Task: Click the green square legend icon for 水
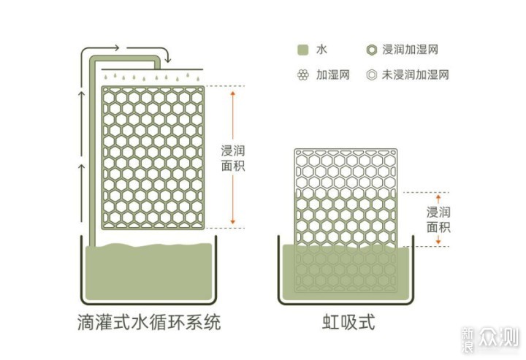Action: (302, 50)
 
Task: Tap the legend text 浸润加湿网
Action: (411, 50)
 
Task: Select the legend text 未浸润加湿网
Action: (415, 74)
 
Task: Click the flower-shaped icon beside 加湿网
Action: (303, 74)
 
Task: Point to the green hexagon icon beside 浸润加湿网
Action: (371, 50)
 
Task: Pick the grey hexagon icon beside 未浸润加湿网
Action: (371, 74)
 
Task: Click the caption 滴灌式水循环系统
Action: (149, 322)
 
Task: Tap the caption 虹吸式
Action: (348, 322)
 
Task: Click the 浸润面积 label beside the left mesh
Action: (233, 158)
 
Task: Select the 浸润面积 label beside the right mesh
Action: (438, 220)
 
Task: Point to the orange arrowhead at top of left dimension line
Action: (233, 93)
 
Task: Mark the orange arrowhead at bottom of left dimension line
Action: (233, 221)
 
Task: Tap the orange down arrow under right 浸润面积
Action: (438, 240)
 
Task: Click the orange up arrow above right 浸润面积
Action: (438, 199)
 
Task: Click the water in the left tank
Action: (149, 272)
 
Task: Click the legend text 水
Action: (321, 50)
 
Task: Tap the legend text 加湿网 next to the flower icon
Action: (333, 74)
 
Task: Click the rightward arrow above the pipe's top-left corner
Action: (100, 49)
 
